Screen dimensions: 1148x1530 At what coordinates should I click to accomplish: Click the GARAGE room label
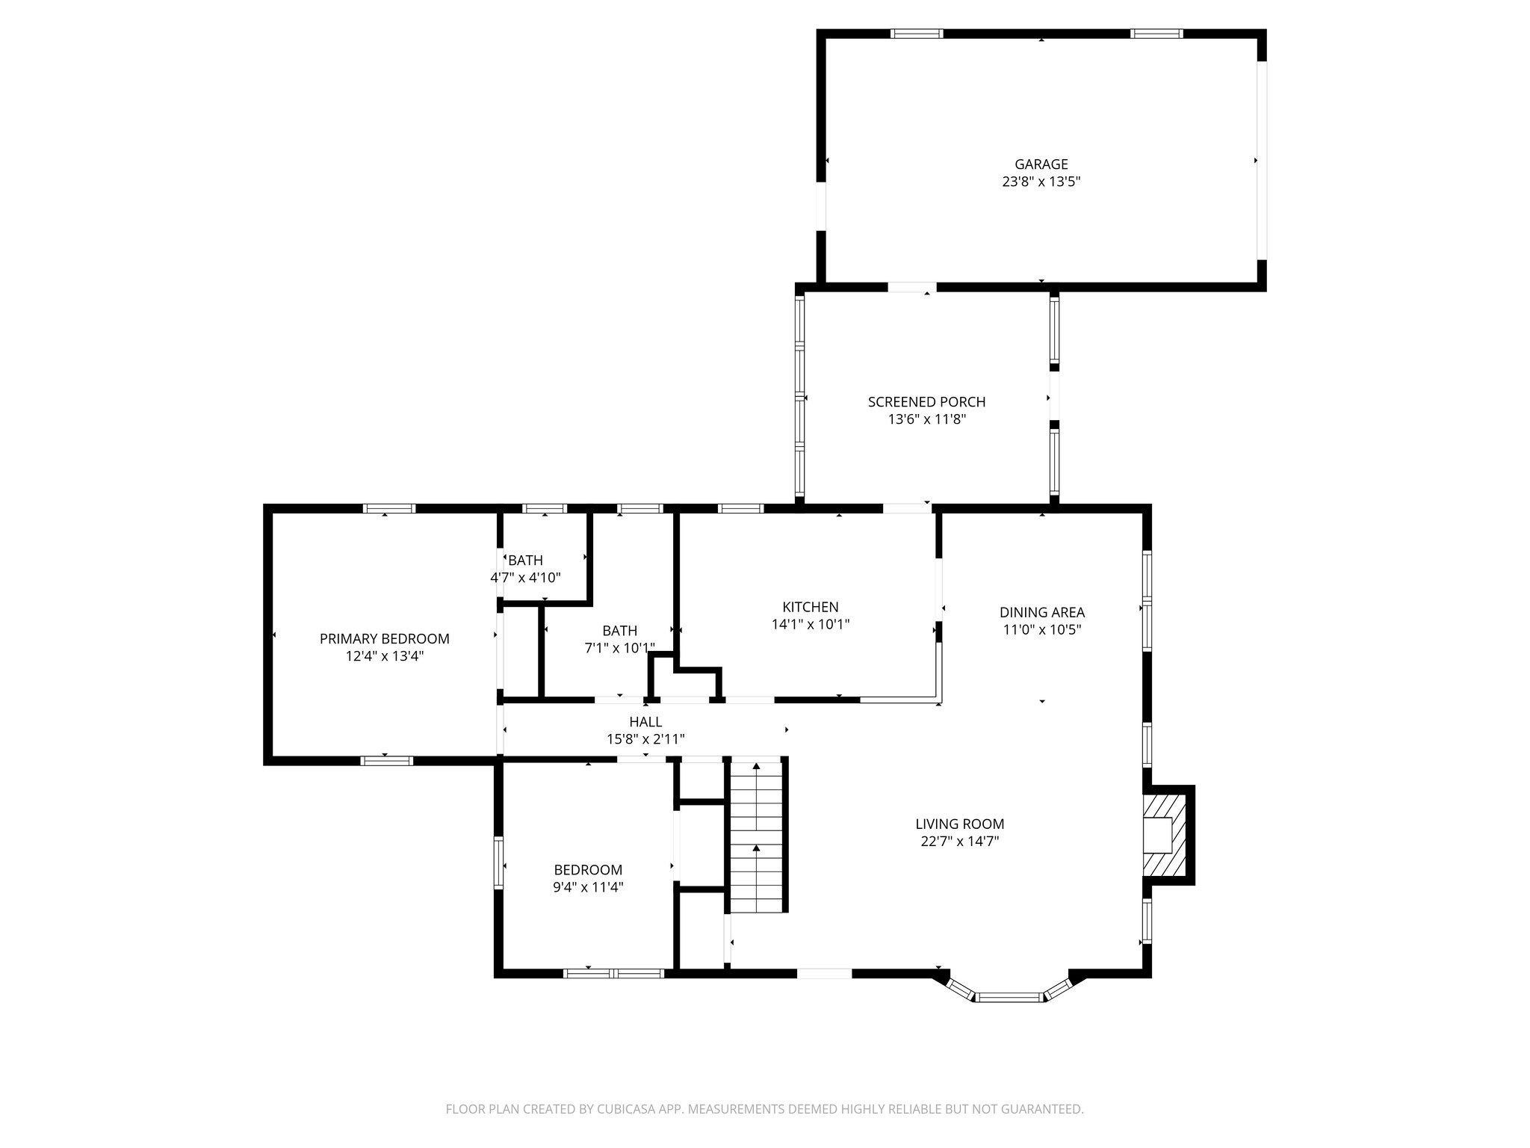tap(1041, 164)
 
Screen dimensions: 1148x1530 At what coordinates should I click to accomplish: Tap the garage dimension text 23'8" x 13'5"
tap(1041, 182)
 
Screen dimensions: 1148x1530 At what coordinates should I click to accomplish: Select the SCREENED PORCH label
tap(926, 402)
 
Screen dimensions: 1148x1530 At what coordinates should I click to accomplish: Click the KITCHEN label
tap(810, 607)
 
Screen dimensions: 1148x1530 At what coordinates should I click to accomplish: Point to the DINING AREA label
tap(1041, 613)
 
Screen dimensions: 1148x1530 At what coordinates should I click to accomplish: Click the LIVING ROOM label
tap(959, 824)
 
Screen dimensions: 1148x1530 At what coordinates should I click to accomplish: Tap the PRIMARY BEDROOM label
tap(384, 639)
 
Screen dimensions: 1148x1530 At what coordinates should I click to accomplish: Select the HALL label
tap(645, 722)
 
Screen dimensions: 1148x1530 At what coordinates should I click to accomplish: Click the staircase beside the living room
tap(757, 835)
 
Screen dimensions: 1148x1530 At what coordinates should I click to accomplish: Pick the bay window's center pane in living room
tap(1009, 996)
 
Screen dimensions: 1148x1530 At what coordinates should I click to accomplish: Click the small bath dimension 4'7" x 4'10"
tap(525, 578)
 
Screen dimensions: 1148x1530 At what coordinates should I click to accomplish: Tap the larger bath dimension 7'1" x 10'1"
tap(619, 648)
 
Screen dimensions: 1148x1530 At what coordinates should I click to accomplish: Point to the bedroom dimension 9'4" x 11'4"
tap(588, 887)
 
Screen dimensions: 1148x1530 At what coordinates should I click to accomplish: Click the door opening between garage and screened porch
tap(911, 287)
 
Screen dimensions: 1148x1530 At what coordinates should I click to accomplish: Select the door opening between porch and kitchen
tap(907, 508)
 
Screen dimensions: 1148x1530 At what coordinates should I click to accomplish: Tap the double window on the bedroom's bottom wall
tap(613, 973)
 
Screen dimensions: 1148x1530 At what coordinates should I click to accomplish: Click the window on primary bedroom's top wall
tap(388, 508)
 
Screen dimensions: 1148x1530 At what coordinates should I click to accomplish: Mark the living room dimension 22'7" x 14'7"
tap(959, 842)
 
